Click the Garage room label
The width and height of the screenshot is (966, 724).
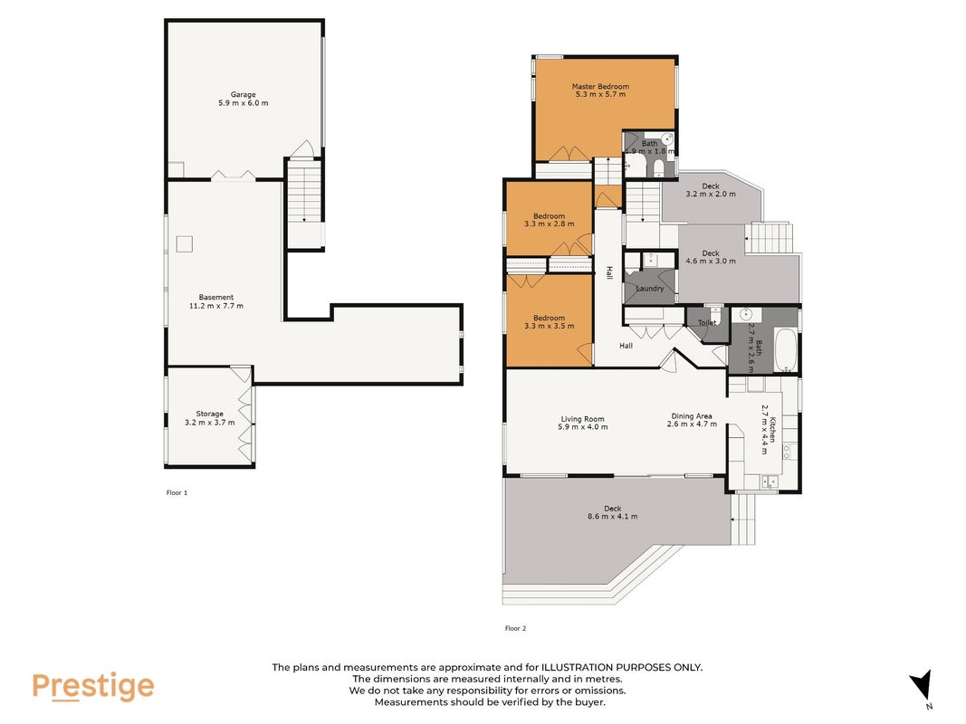pyautogui.click(x=243, y=94)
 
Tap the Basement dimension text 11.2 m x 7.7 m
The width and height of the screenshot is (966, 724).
pyautogui.click(x=216, y=306)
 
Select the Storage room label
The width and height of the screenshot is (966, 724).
pyautogui.click(x=209, y=414)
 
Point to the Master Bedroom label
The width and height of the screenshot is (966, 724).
pyautogui.click(x=600, y=86)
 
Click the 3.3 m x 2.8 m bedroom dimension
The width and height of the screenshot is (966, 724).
pyautogui.click(x=549, y=224)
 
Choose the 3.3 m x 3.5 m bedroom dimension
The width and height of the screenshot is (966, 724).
pyautogui.click(x=549, y=326)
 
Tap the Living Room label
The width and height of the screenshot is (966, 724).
pyautogui.click(x=582, y=419)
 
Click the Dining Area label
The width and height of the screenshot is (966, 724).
pyautogui.click(x=692, y=416)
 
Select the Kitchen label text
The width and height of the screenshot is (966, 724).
pyautogui.click(x=771, y=430)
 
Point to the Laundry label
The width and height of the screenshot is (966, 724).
pyautogui.click(x=650, y=288)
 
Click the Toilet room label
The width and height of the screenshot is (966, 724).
pyautogui.click(x=707, y=322)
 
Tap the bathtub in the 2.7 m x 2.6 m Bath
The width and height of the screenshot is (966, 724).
pyautogui.click(x=786, y=349)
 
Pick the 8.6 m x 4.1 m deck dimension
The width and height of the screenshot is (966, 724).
pyautogui.click(x=612, y=517)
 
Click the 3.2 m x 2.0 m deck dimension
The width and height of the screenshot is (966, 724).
pyautogui.click(x=711, y=194)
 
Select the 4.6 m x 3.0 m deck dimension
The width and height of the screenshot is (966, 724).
pyautogui.click(x=711, y=261)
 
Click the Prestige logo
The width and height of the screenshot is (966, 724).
pyautogui.click(x=93, y=687)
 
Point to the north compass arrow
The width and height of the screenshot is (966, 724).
pyautogui.click(x=922, y=684)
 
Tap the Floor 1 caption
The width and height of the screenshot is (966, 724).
pyautogui.click(x=177, y=492)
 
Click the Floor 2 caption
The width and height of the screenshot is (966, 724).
pyautogui.click(x=516, y=629)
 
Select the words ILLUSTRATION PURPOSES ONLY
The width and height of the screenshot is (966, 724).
pyautogui.click(x=622, y=667)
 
